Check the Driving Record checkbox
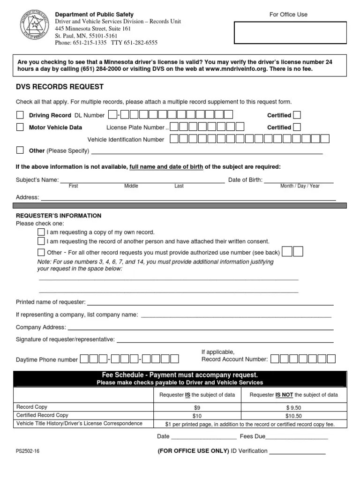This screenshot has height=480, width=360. (20, 115)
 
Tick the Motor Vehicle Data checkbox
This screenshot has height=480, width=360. (20, 127)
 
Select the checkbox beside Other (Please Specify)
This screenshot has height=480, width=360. (20, 150)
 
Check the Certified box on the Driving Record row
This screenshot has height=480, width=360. (297, 115)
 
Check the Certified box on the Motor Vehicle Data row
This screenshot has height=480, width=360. (297, 127)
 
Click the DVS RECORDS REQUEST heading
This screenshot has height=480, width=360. (60, 87)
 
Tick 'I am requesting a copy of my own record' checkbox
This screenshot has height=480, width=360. (41, 232)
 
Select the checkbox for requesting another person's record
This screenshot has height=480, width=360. (41, 241)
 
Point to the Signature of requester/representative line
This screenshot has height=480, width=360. (225, 339)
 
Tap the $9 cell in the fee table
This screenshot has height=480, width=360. (196, 408)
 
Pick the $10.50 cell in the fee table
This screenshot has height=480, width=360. (293, 416)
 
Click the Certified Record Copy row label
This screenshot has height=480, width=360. (42, 415)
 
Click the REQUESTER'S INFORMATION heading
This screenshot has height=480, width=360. (59, 216)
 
